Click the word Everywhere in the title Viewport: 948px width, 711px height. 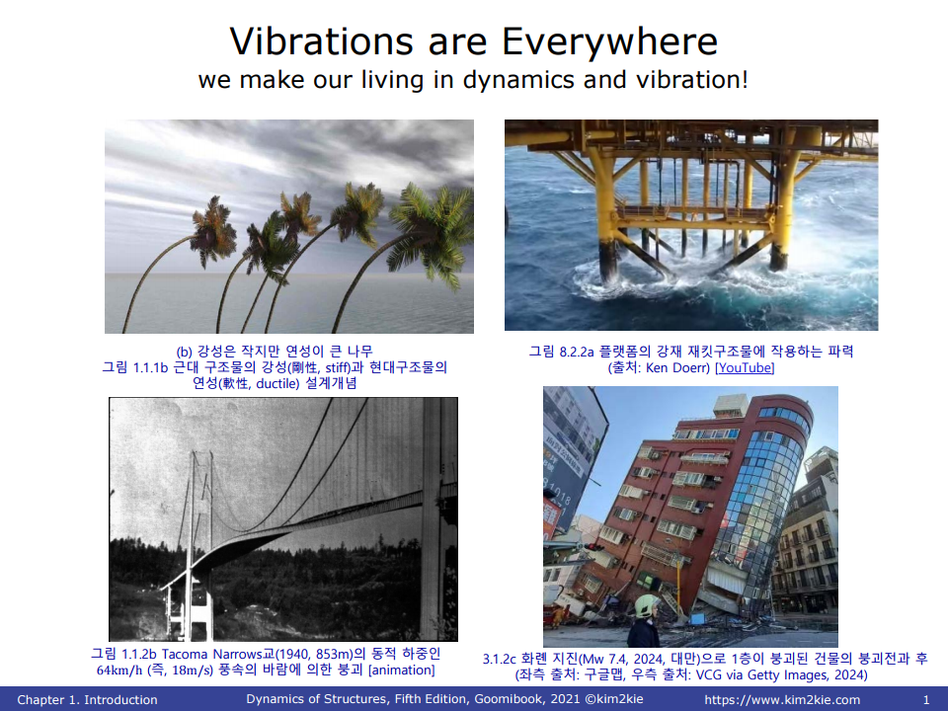(x=609, y=42)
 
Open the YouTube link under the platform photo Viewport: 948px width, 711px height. (x=745, y=367)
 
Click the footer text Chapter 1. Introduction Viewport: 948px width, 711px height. (x=87, y=699)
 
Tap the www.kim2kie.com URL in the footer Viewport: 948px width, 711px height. (x=782, y=700)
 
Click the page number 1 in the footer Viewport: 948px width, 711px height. (x=925, y=700)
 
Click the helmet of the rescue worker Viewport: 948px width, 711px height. (x=647, y=604)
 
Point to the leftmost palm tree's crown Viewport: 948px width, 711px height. (x=213, y=231)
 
